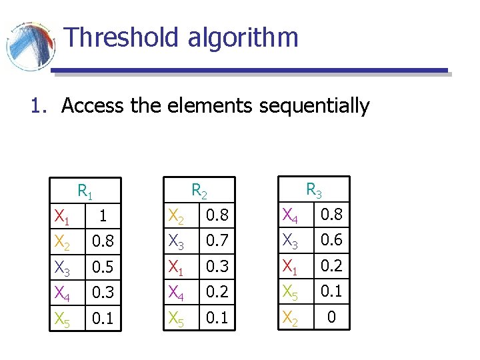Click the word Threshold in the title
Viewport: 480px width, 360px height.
[x=122, y=37]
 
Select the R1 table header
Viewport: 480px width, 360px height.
[x=85, y=192]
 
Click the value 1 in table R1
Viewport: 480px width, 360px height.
[x=102, y=217]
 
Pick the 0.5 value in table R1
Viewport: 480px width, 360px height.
[x=102, y=268]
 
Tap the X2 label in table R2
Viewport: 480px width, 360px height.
[x=177, y=215]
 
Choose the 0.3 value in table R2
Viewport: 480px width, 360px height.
[x=217, y=267]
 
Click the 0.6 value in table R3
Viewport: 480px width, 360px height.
[x=331, y=241]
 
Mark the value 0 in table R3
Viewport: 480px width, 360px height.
[x=331, y=317]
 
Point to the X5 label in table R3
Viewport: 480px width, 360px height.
[x=291, y=292]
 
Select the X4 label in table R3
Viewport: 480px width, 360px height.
[x=291, y=215]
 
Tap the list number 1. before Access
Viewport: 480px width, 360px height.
[x=39, y=106]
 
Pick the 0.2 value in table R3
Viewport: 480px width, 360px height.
[x=331, y=267]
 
